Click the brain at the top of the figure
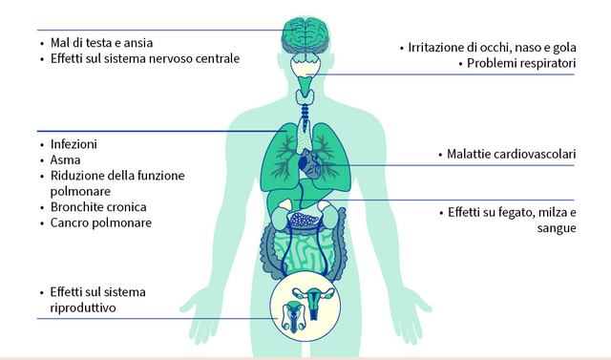point(305,35)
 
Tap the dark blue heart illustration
point(309,164)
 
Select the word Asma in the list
point(66,159)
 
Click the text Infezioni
point(74,144)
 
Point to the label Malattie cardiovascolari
point(512,154)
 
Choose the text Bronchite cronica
point(98,207)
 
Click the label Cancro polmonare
point(101,222)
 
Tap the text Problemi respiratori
point(521,63)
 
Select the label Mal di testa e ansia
point(102,43)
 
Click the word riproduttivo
point(83,307)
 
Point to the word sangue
point(557,228)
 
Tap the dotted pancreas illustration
point(304,220)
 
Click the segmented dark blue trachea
point(305,115)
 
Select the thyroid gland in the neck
point(305,96)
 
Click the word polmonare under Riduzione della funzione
point(80,191)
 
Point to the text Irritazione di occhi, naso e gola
point(493,48)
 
